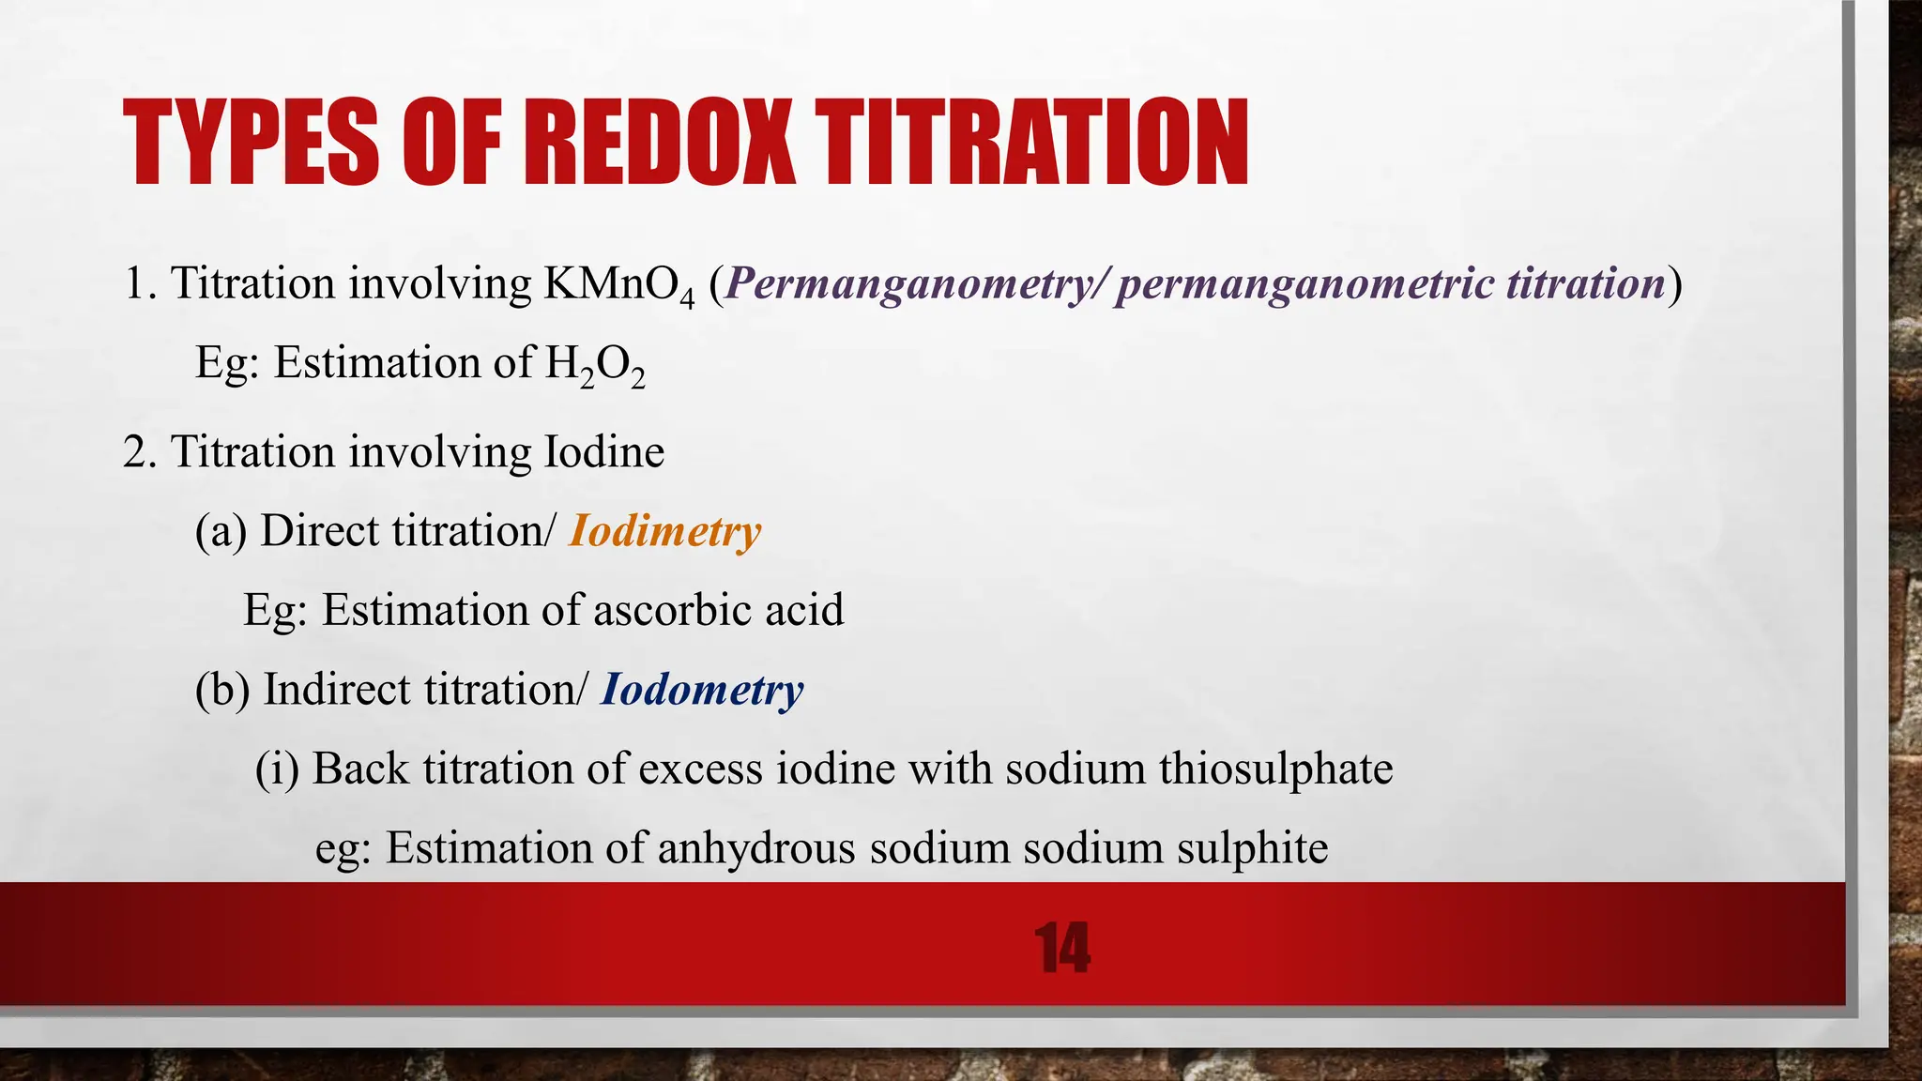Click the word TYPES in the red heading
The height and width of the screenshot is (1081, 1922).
click(251, 144)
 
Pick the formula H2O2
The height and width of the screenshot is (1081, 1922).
click(594, 364)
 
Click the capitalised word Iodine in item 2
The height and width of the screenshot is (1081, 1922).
click(604, 452)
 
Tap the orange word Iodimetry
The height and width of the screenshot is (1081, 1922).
click(665, 532)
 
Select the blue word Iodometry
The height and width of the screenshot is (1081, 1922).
click(702, 691)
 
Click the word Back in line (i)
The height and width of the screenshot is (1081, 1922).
click(360, 769)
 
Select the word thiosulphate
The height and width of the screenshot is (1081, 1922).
click(1276, 769)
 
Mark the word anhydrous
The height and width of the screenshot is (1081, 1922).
click(756, 848)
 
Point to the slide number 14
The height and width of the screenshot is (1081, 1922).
click(1062, 949)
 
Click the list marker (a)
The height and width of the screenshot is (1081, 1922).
click(221, 531)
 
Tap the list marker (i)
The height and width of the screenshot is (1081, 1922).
click(277, 769)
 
